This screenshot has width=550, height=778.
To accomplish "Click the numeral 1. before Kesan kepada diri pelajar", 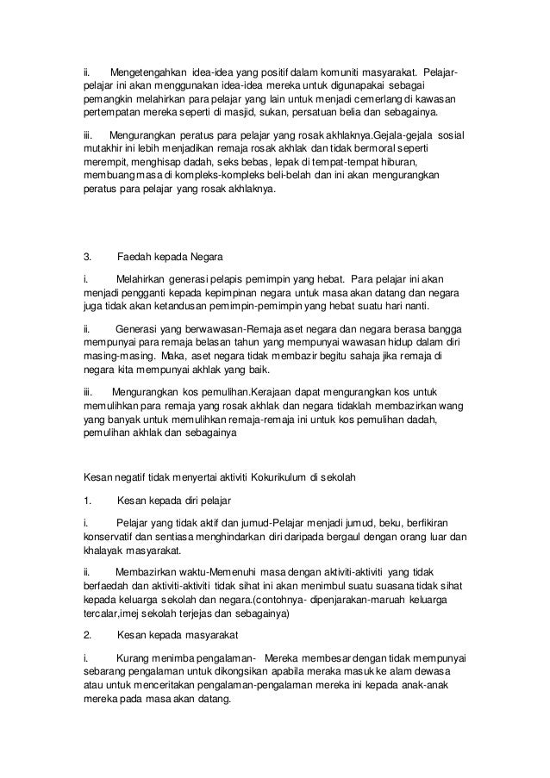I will tap(86, 500).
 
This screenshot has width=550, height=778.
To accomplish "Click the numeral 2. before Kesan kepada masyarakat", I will tap(86, 635).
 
